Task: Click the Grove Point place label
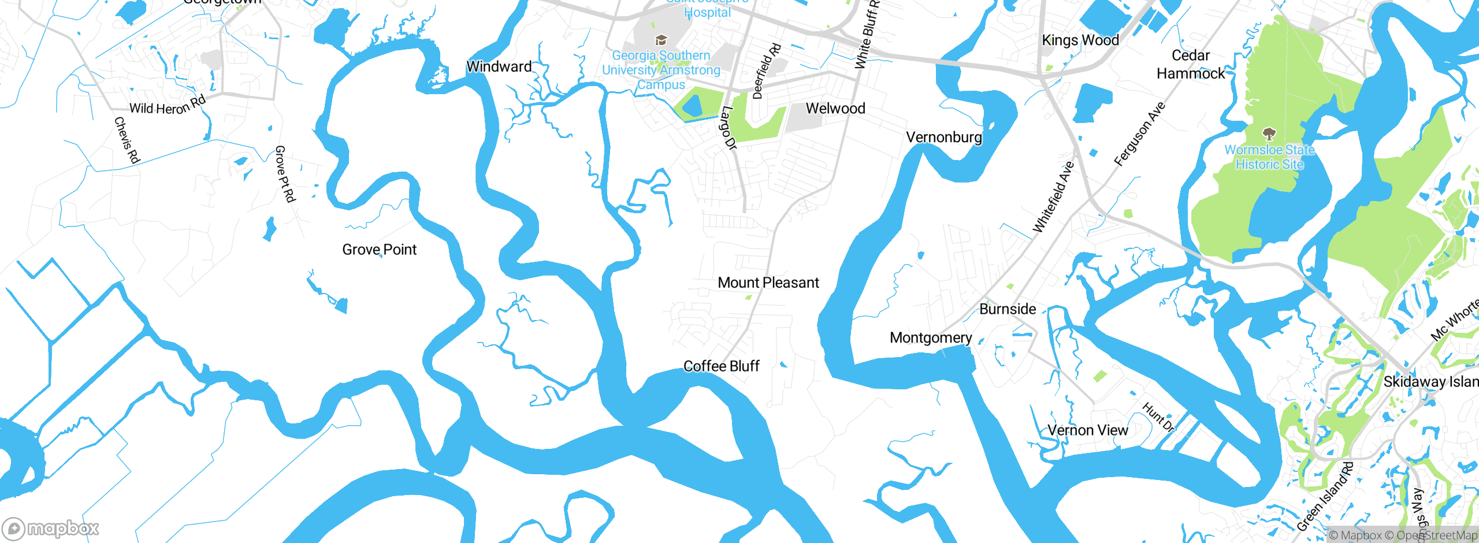click(x=379, y=250)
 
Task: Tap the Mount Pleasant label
click(x=768, y=282)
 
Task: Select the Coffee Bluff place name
click(x=721, y=366)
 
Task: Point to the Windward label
click(x=499, y=66)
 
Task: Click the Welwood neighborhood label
click(x=835, y=109)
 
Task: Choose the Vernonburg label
click(x=943, y=137)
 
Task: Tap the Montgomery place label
click(x=930, y=338)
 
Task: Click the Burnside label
click(x=1008, y=309)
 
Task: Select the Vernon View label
click(x=1087, y=430)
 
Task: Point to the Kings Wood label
click(x=1080, y=40)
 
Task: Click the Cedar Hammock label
click(x=1191, y=64)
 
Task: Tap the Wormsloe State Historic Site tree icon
click(x=1269, y=135)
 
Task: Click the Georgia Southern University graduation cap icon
click(x=660, y=40)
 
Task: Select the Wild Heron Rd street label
click(x=168, y=106)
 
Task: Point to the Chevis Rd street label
click(x=127, y=140)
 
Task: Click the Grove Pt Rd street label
click(x=285, y=174)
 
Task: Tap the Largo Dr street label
click(x=728, y=128)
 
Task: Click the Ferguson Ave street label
click(x=1139, y=135)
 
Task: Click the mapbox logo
click(x=51, y=528)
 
